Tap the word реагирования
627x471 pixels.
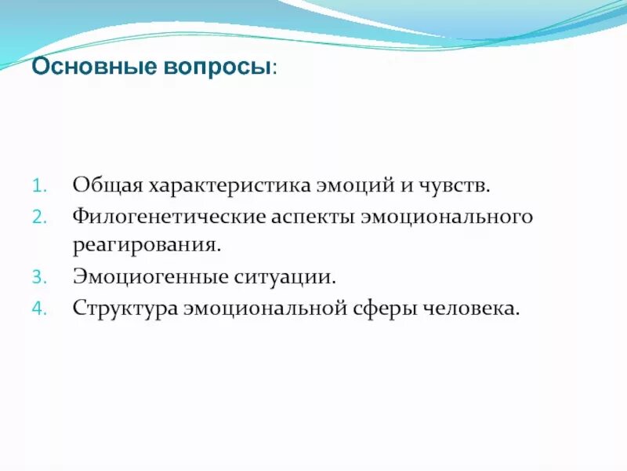[147, 246]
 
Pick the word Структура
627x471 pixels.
[125, 308]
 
